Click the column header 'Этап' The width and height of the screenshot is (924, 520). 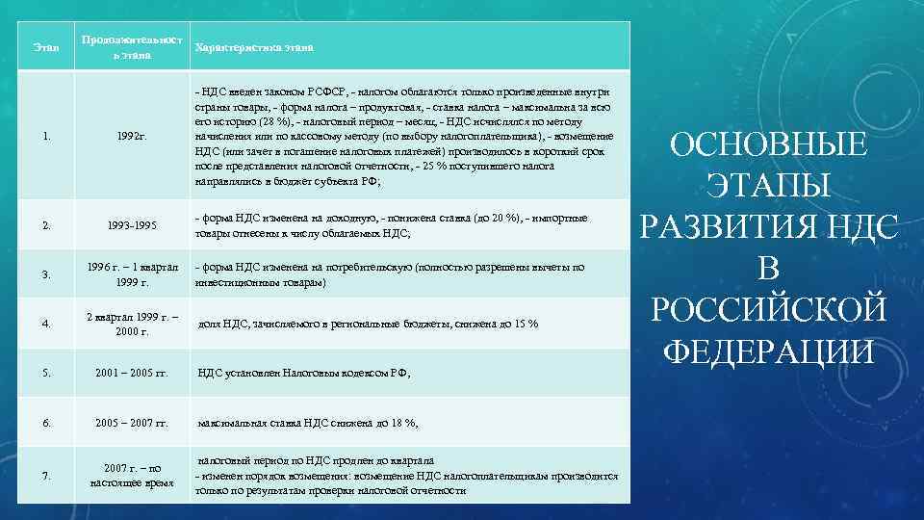coord(45,47)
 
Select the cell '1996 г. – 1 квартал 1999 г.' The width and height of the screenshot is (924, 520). coord(131,273)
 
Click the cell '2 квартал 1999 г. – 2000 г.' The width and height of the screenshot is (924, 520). coord(131,324)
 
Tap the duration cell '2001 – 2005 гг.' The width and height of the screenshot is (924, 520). coord(131,374)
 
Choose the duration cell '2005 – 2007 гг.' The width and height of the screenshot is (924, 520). coord(131,422)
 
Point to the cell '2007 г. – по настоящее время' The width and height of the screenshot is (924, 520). coord(131,475)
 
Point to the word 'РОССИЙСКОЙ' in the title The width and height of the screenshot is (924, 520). coord(767,310)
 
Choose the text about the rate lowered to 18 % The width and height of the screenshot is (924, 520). coord(307,422)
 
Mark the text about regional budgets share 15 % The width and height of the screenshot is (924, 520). coord(367,324)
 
